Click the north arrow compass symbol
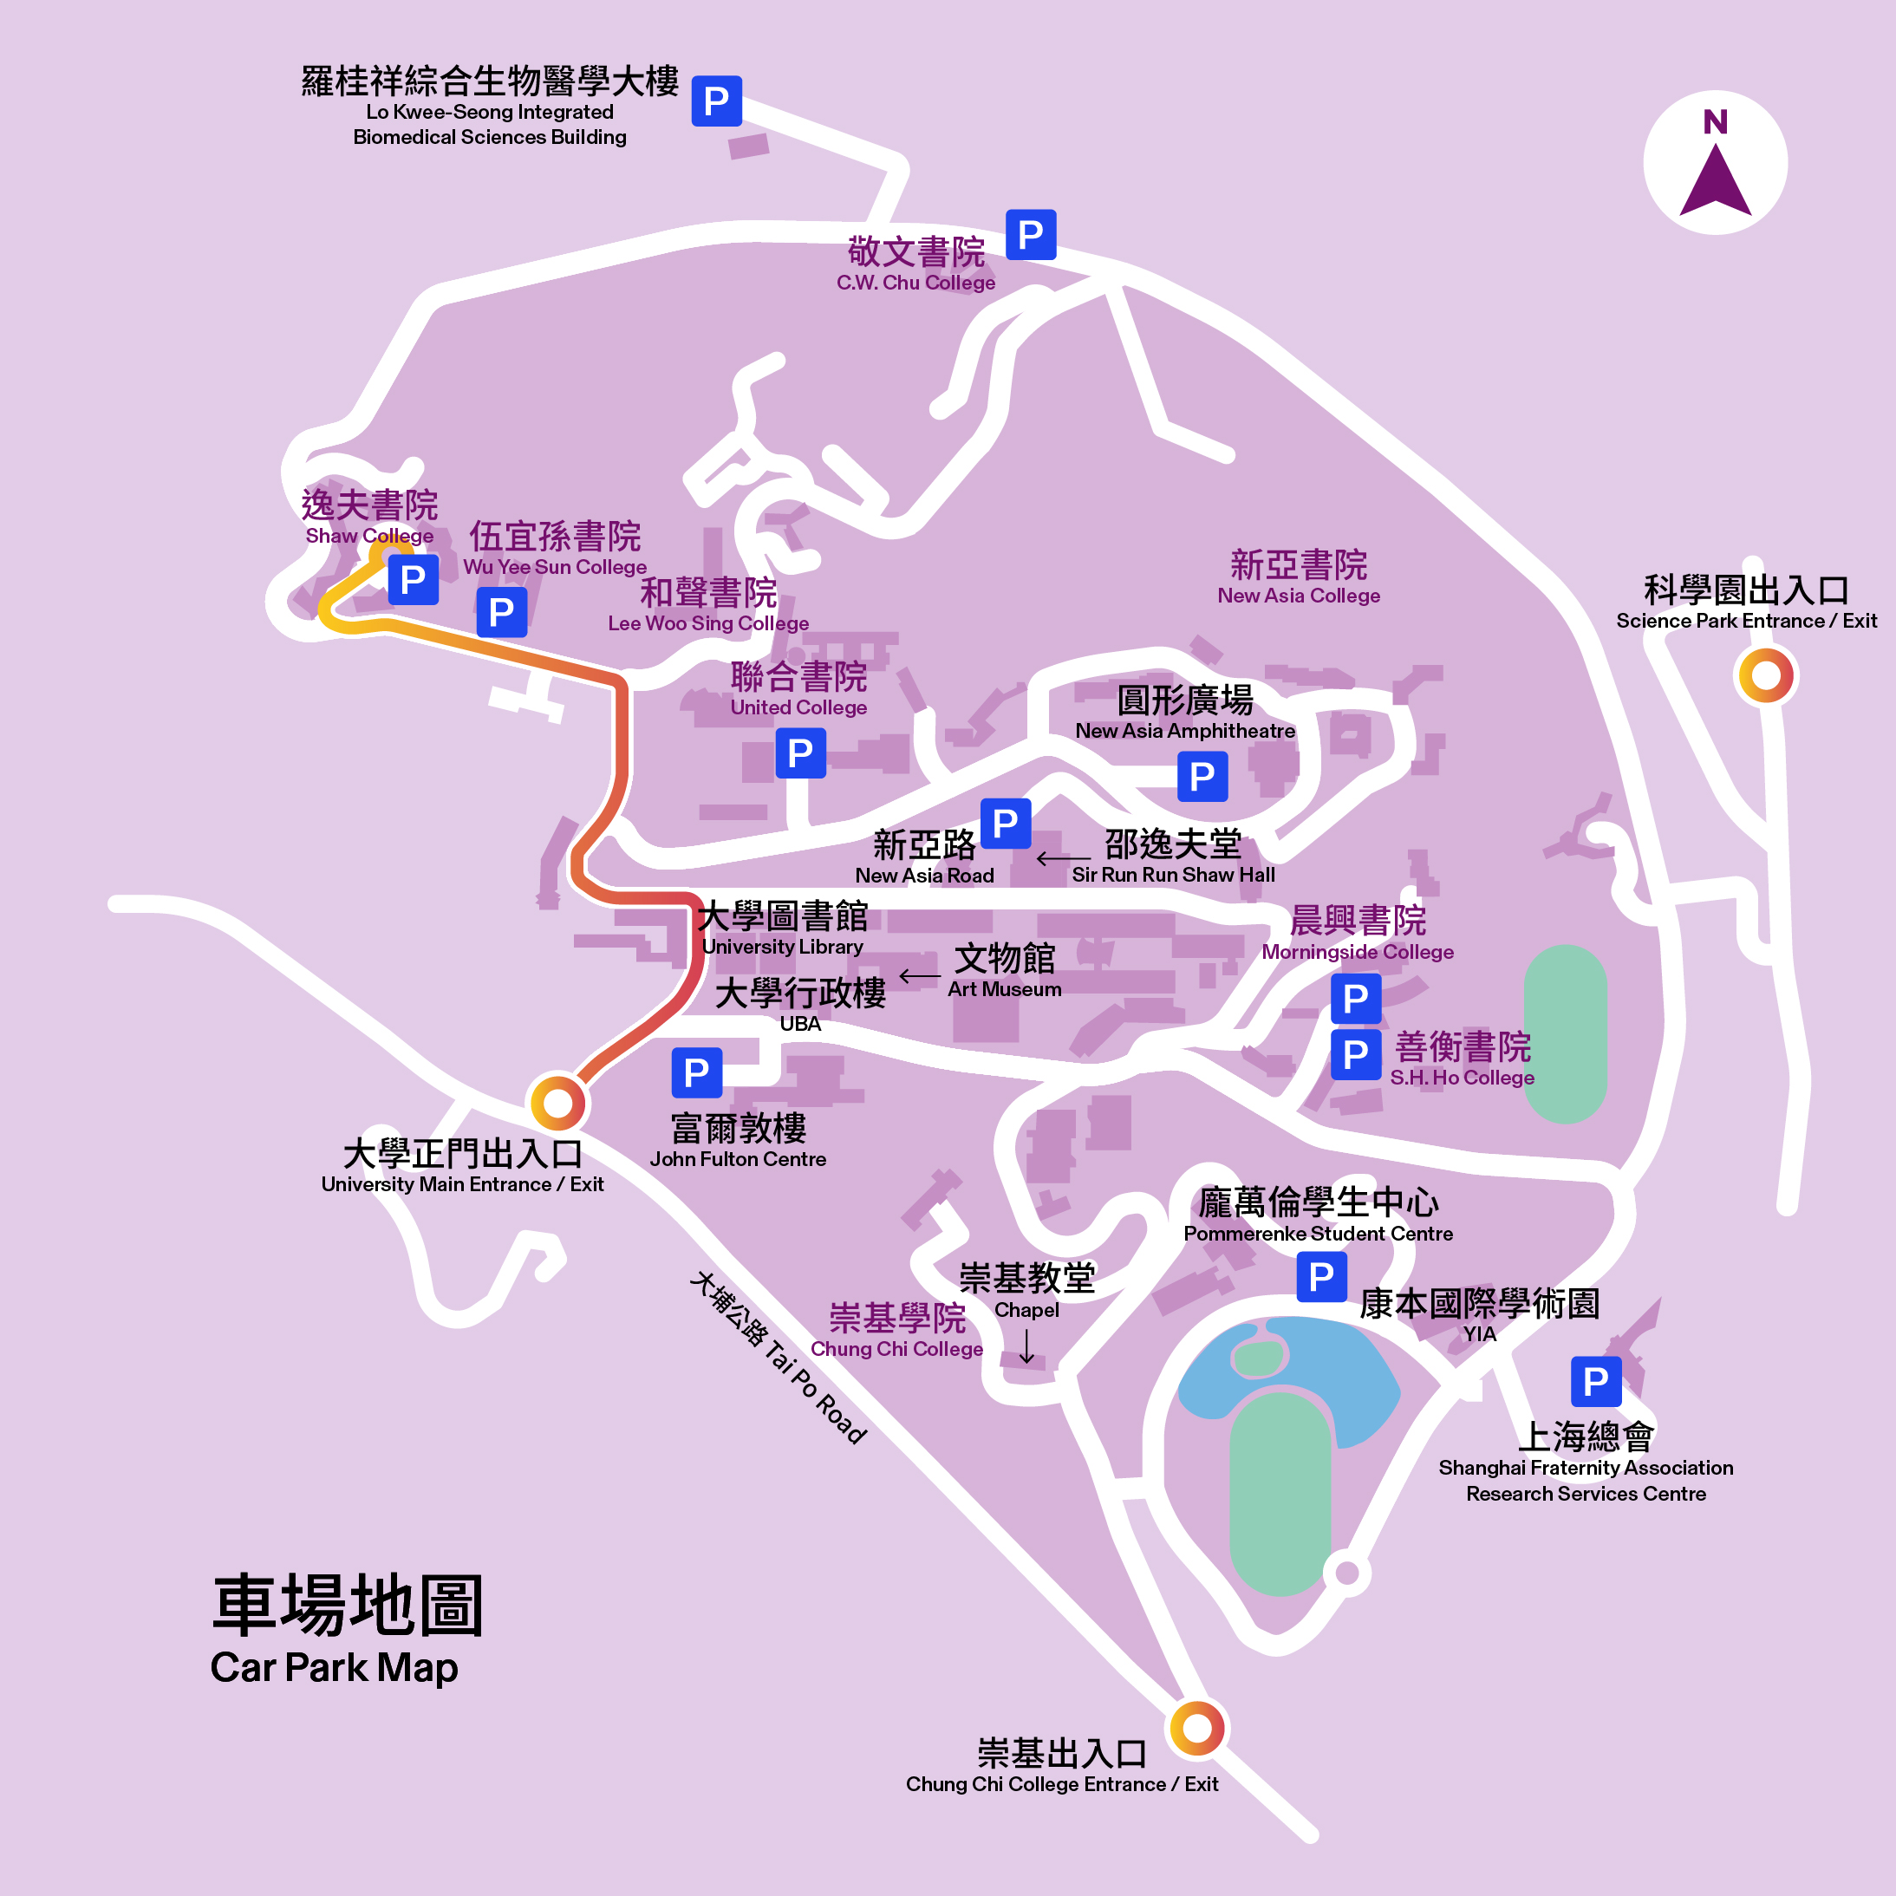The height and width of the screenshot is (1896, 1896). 1716,163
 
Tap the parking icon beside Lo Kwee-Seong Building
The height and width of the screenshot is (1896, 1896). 716,101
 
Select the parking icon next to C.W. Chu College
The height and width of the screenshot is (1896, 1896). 1031,235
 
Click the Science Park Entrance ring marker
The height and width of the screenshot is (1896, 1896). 1765,675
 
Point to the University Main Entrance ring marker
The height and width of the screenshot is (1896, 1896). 557,1103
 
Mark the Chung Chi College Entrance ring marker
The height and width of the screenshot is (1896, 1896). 1196,1727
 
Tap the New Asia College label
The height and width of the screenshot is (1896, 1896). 1299,577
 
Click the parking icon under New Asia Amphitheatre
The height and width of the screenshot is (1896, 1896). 1202,776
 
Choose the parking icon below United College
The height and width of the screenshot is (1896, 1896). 800,753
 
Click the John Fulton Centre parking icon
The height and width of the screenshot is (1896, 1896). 697,1072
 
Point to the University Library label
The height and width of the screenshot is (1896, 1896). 782,928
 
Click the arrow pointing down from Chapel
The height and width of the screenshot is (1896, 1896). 1026,1346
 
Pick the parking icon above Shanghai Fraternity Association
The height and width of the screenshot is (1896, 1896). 1596,1381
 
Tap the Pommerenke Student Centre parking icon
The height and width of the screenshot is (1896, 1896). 1321,1277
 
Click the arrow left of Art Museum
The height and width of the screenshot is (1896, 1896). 919,976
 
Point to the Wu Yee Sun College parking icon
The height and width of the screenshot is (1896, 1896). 501,611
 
